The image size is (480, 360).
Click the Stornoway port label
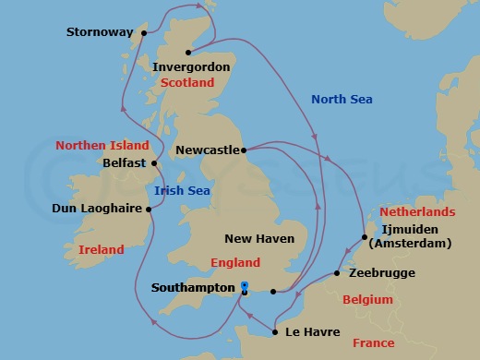pyautogui.click(x=100, y=33)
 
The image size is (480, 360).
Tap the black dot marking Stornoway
pyautogui.click(x=144, y=33)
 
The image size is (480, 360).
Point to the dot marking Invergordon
pyautogui.click(x=188, y=52)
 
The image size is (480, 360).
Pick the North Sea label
pyautogui.click(x=342, y=99)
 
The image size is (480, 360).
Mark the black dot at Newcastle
pyautogui.click(x=243, y=149)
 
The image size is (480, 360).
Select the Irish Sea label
pyautogui.click(x=183, y=191)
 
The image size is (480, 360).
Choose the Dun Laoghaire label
pyautogui.click(x=98, y=209)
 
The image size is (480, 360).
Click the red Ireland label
pyautogui.click(x=102, y=249)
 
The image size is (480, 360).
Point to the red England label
pyautogui.click(x=235, y=262)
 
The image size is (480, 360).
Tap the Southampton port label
pyautogui.click(x=193, y=288)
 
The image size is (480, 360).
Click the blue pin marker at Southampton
pyautogui.click(x=244, y=287)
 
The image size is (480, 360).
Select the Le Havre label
pyautogui.click(x=314, y=331)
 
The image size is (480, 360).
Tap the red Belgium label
pyautogui.click(x=367, y=300)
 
